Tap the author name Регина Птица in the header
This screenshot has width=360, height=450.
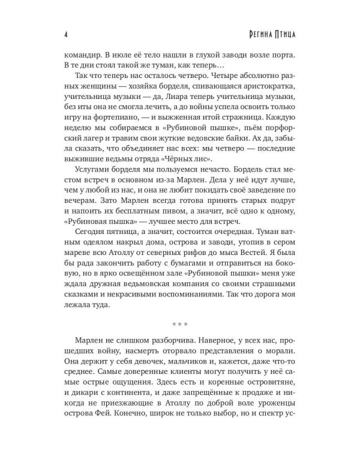[271, 31]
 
